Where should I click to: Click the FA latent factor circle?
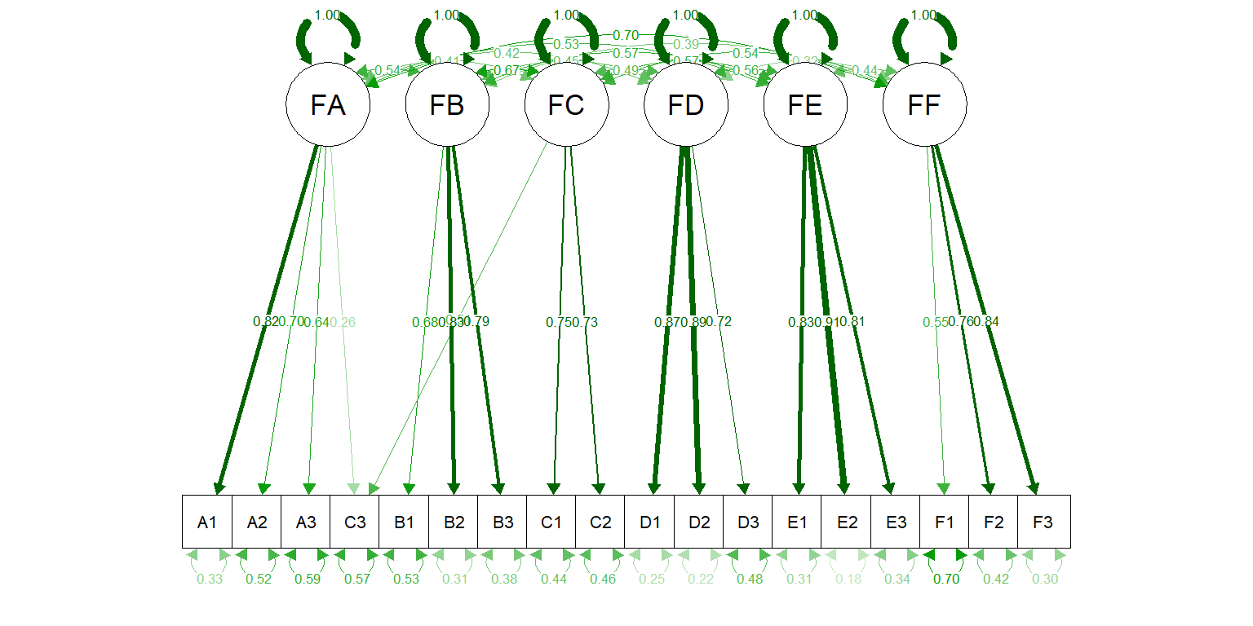coord(327,106)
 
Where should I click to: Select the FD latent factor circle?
coord(685,106)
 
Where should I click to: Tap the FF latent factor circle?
coord(924,106)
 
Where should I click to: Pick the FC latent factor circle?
coord(566,106)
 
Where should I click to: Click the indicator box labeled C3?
coord(355,522)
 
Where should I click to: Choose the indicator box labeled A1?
coord(207,522)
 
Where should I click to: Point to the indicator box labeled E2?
coord(846,522)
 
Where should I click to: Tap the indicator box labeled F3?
coord(1043,522)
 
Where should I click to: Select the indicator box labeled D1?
coord(649,522)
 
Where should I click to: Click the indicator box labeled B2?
coord(454,522)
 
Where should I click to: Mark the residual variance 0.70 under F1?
coord(945,580)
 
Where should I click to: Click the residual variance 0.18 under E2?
coord(847,580)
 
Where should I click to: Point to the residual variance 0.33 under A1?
coord(208,580)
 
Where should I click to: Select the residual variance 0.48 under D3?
coord(748,580)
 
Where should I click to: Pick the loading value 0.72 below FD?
coord(719,322)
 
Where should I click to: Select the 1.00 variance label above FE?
coord(805,15)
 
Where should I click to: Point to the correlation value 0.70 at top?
coord(626,35)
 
